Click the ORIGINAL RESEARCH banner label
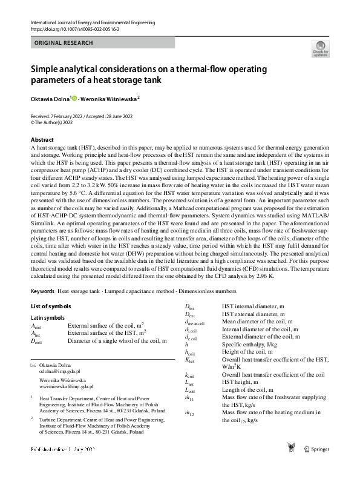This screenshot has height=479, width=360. [64, 43]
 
